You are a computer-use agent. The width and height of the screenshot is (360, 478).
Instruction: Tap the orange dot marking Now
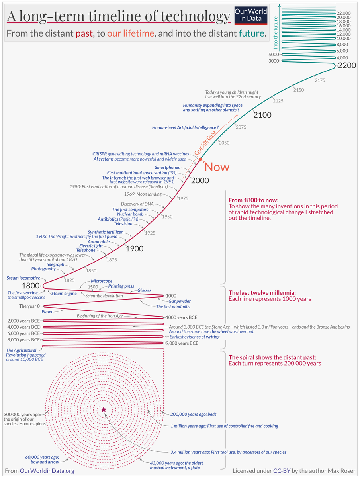[201, 159]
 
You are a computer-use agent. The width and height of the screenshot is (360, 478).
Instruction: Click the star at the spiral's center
[104, 409]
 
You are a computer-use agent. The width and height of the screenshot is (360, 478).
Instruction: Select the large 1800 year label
[31, 286]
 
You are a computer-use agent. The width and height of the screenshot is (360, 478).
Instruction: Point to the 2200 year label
[346, 66]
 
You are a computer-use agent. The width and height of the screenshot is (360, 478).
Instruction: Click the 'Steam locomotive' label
[23, 278]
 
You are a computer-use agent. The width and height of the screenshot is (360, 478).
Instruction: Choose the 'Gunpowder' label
[180, 301]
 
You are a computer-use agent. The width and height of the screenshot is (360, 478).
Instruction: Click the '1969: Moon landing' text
[143, 194]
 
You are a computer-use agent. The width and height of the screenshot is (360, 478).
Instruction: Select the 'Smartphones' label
[167, 168]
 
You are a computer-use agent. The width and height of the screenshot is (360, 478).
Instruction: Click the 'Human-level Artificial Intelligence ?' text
[186, 128]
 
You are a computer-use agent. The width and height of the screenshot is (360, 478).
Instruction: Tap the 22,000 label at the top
[343, 13]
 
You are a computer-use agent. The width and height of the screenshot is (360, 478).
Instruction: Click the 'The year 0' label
[29, 306]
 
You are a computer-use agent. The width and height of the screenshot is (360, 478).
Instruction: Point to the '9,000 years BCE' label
[182, 343]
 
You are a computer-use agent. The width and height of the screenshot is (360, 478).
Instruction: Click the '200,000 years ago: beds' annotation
[194, 414]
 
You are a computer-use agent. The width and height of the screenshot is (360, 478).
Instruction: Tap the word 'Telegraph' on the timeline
[55, 264]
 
